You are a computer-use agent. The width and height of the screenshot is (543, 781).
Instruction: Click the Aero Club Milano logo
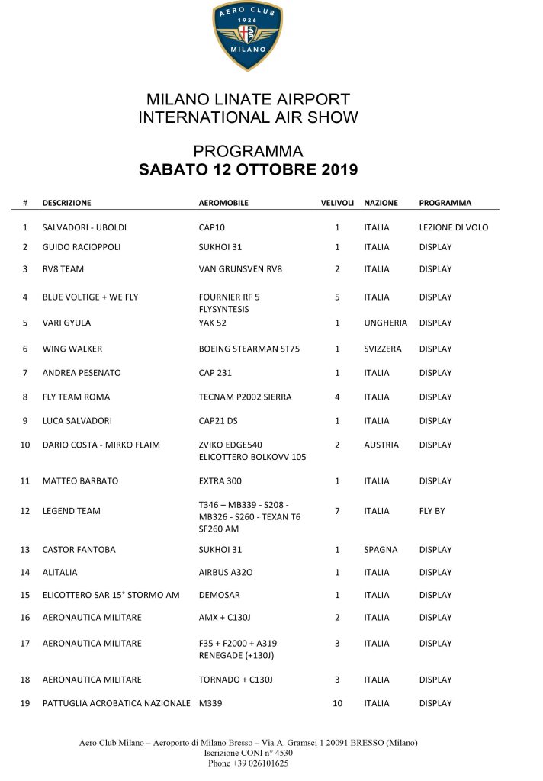247,36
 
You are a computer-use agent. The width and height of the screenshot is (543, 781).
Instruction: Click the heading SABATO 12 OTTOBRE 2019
248,169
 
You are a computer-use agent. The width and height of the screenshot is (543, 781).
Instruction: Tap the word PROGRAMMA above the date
248,151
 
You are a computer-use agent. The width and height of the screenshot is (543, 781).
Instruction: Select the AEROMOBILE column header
223,203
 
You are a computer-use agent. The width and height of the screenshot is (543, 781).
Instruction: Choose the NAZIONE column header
381,203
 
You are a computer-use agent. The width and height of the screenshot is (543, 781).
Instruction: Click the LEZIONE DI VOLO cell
454,227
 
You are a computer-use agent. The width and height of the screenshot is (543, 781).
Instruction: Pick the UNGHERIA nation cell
386,323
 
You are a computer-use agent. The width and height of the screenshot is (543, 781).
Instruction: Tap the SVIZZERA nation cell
384,349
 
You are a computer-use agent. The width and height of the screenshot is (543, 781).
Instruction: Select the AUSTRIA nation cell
381,445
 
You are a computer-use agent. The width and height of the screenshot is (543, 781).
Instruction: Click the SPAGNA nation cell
381,550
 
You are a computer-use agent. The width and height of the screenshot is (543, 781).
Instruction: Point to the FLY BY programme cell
432,511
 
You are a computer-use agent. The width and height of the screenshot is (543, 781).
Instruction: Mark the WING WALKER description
72,349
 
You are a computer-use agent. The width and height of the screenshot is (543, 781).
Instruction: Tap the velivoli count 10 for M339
337,703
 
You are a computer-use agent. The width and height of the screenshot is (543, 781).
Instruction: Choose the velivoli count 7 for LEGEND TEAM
337,511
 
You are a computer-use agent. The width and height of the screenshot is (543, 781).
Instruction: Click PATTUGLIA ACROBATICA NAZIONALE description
116,703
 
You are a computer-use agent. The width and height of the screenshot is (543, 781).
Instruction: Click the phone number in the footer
248,763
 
